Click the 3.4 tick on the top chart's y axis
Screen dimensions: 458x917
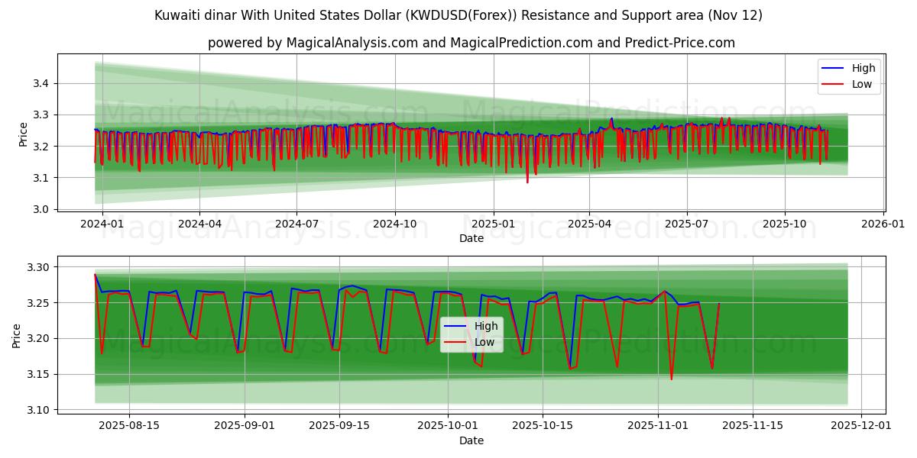(x=42, y=83)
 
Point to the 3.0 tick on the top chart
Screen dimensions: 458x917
(x=42, y=209)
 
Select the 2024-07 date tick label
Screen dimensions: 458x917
(x=296, y=224)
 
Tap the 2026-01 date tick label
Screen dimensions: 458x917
(x=883, y=224)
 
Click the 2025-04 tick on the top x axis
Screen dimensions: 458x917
(x=589, y=224)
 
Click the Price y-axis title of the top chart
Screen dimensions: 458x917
(x=23, y=134)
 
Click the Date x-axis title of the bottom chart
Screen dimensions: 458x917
(x=471, y=440)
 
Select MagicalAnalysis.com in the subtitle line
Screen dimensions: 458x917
(x=342, y=43)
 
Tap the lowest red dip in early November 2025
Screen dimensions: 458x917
(x=672, y=379)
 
